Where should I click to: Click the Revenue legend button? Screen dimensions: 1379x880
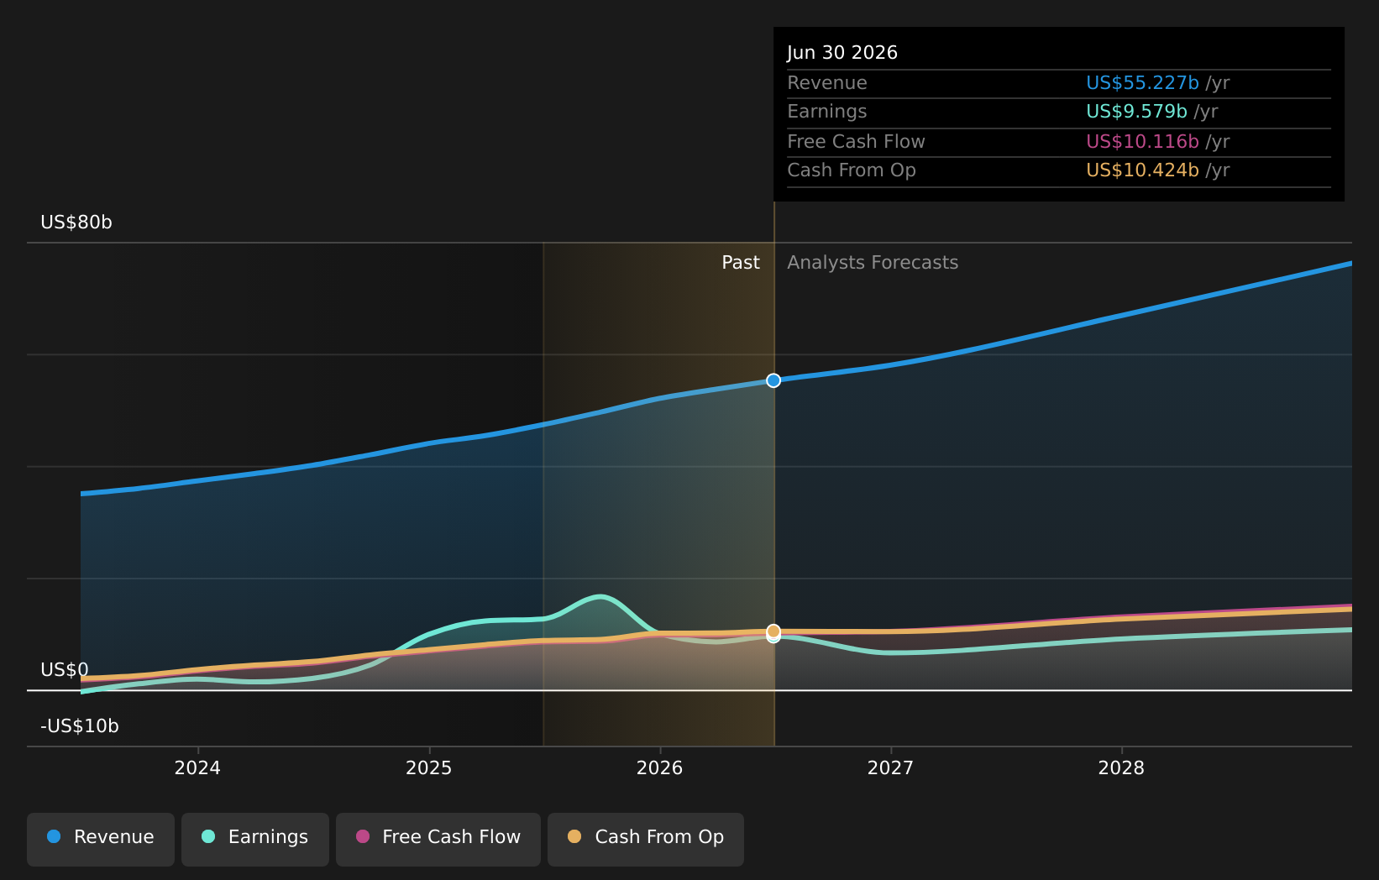tap(100, 840)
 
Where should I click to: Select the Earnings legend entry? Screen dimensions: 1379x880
tap(254, 840)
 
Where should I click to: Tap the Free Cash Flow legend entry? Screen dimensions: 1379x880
tap(438, 840)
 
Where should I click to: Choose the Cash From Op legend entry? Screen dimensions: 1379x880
tap(645, 840)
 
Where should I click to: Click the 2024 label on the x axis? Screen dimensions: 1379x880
tap(197, 768)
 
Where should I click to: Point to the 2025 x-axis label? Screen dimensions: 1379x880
tap(429, 768)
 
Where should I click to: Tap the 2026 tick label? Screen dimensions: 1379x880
tap(660, 768)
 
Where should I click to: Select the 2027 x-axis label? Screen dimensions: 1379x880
tap(891, 768)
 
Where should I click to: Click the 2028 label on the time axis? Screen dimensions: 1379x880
tap(1122, 768)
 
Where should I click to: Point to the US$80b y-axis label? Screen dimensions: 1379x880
tap(76, 223)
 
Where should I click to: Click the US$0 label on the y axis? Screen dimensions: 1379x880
tap(65, 669)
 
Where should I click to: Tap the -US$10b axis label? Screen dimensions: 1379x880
tap(80, 726)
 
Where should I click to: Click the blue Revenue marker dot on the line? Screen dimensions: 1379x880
tap(773, 380)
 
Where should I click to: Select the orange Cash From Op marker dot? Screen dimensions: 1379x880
tap(773, 631)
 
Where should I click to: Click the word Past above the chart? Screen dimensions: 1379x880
tap(741, 263)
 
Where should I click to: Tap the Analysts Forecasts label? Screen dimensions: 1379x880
tap(873, 263)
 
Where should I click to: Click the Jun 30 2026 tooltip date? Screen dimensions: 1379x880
tap(842, 53)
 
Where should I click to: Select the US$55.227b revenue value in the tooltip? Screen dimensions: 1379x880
tap(1143, 83)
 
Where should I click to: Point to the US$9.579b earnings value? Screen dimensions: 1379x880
tap(1136, 112)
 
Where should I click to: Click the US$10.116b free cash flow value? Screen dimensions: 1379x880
tap(1143, 142)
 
